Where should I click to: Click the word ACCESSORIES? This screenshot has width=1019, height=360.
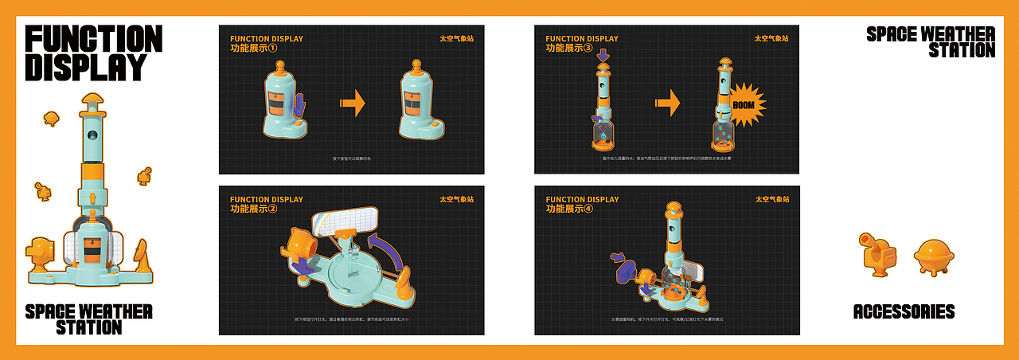pyautogui.click(x=904, y=311)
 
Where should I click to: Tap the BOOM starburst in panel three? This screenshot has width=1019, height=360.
pyautogui.click(x=744, y=104)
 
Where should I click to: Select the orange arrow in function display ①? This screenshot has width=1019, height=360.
pyautogui.click(x=352, y=103)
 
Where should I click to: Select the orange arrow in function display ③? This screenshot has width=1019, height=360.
pyautogui.click(x=667, y=103)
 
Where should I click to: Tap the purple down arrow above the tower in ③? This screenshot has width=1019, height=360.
pyautogui.click(x=603, y=55)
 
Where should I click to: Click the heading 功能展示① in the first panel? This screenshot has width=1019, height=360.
pyautogui.click(x=254, y=48)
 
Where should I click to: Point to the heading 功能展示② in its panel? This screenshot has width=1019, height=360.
pyautogui.click(x=254, y=209)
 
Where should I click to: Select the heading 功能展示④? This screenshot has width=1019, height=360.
pyautogui.click(x=569, y=209)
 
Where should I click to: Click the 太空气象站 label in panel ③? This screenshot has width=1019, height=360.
pyautogui.click(x=771, y=38)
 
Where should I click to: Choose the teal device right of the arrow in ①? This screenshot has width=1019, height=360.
pyautogui.click(x=421, y=100)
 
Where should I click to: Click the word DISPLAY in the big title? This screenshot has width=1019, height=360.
pyautogui.click(x=86, y=68)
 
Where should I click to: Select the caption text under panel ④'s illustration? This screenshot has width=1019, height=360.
pyautogui.click(x=667, y=319)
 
